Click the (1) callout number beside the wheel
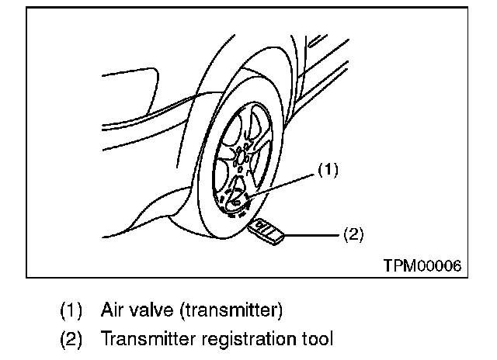(328, 168)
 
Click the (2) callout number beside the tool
(353, 232)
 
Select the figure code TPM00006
(422, 265)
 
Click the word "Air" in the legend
(113, 310)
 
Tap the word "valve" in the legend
(153, 310)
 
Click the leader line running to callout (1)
(287, 182)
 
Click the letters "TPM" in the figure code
(397, 265)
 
